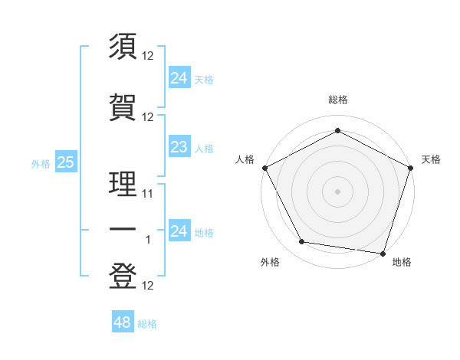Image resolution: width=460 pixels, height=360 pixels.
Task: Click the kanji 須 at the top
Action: pyautogui.click(x=123, y=47)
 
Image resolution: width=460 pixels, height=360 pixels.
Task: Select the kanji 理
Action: pyautogui.click(x=123, y=185)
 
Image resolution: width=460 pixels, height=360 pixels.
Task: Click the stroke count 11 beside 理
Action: pyautogui.click(x=148, y=194)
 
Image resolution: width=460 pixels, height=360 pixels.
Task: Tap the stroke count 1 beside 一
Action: pyautogui.click(x=149, y=240)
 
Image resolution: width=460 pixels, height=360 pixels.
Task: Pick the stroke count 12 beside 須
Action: pyautogui.click(x=148, y=56)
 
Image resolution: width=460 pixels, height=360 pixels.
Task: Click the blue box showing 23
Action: pyautogui.click(x=179, y=147)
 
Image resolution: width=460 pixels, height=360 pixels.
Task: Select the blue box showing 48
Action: pyautogui.click(x=122, y=322)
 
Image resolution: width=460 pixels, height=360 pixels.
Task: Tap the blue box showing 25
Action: pyautogui.click(x=65, y=162)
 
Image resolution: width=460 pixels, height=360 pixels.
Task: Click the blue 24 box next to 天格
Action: pyautogui.click(x=179, y=77)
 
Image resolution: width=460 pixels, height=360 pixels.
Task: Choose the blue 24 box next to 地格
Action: pyautogui.click(x=179, y=231)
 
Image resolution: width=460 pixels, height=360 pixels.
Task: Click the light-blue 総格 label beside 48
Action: pyautogui.click(x=147, y=324)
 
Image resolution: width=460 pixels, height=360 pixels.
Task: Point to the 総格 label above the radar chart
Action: pyautogui.click(x=337, y=100)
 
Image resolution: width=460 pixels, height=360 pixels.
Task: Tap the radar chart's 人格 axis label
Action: pyautogui.click(x=245, y=159)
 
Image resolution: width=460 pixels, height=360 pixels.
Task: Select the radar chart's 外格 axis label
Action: pyautogui.click(x=270, y=262)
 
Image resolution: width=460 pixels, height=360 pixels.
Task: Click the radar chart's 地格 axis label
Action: pyautogui.click(x=402, y=262)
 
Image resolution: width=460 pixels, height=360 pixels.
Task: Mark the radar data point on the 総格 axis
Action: pyautogui.click(x=337, y=130)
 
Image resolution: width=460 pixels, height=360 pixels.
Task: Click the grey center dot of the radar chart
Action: pyautogui.click(x=337, y=191)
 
